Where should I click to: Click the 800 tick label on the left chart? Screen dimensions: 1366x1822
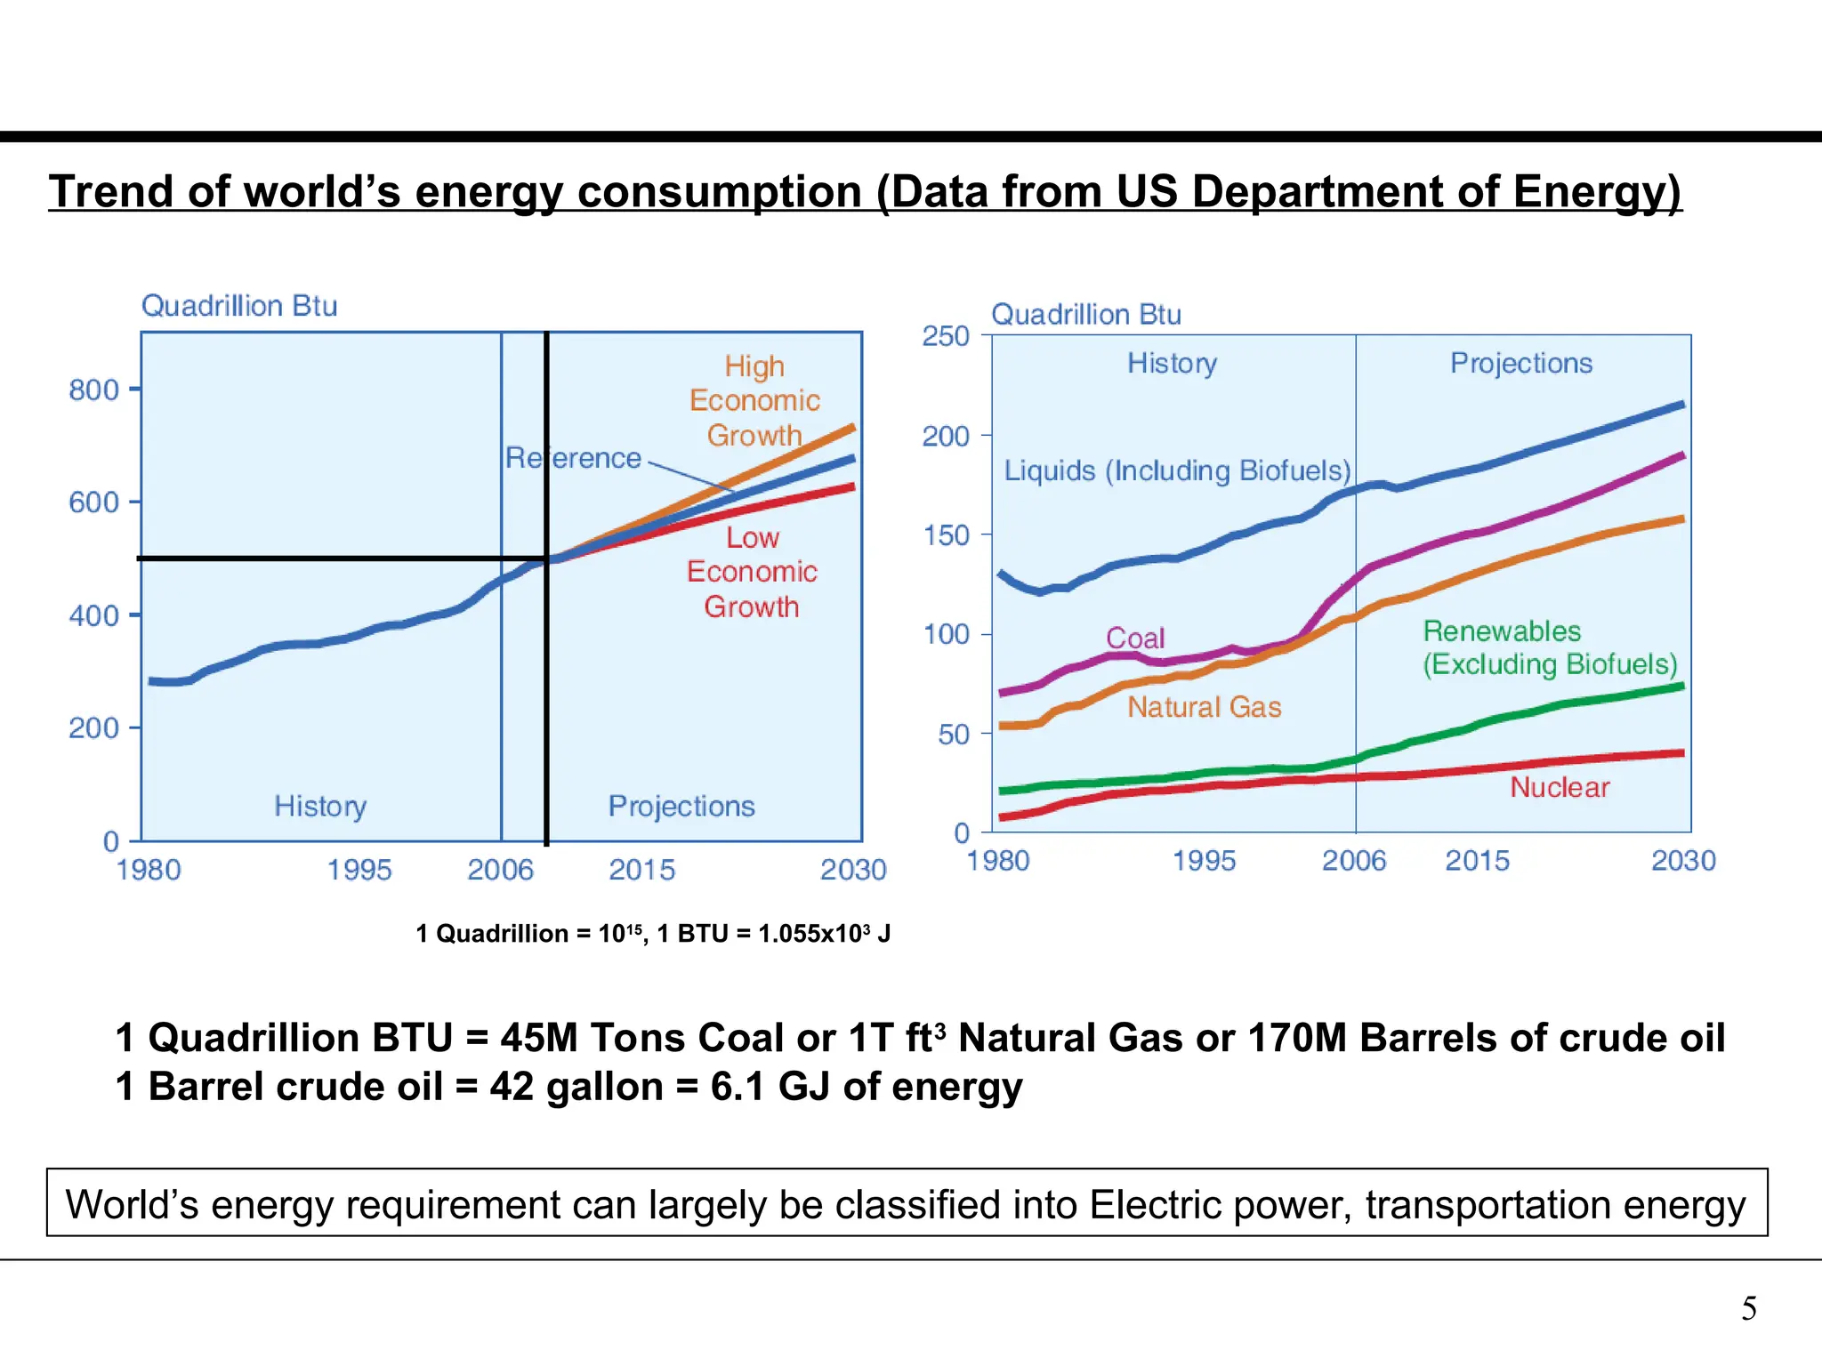click(93, 390)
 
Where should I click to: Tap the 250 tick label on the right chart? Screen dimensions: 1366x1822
click(945, 336)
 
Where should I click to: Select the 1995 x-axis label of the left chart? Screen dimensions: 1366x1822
click(359, 869)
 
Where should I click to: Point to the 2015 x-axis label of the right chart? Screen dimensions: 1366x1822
click(1477, 860)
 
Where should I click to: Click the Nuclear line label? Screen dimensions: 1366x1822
click(1560, 787)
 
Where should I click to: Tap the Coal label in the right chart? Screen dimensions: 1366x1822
click(1134, 638)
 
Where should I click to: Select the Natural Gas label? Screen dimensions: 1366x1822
click(1205, 707)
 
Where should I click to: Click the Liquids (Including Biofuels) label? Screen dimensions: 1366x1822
click(1177, 470)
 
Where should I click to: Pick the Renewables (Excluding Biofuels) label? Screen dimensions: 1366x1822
click(1549, 647)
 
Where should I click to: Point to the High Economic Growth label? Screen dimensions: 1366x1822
click(754, 401)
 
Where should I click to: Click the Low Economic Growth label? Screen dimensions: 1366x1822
click(752, 572)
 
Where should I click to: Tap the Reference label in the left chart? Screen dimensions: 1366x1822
click(573, 458)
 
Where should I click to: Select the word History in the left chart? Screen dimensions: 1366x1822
click(320, 806)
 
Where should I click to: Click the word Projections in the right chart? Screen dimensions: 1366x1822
click(1520, 363)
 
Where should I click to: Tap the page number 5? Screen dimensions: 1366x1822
click(1749, 1309)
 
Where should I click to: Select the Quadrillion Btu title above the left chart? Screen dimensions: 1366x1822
click(239, 306)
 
